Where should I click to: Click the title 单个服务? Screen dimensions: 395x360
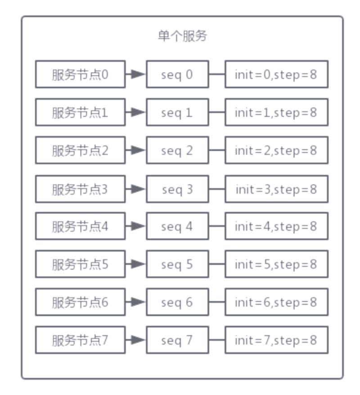[x=182, y=36]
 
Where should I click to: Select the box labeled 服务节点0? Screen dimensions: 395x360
[x=80, y=74]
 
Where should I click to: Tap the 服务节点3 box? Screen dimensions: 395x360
[x=80, y=189]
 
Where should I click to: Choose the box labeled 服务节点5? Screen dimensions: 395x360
[x=80, y=264]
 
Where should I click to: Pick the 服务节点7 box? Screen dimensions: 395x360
[x=80, y=340]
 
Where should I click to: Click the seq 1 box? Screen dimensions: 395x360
[x=177, y=112]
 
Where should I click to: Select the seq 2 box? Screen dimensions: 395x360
[x=177, y=150]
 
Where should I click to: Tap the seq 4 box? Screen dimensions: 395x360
[x=177, y=226]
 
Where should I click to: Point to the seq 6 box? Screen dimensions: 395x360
[x=177, y=302]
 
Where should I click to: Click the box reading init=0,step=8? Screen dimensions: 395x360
[x=276, y=74]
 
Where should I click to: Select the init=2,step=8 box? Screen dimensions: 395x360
[x=276, y=150]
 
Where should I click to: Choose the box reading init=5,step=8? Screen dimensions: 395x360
[x=276, y=264]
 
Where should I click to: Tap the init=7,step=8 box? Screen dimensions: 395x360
[x=276, y=340]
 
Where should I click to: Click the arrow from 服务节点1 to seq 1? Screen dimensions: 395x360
[x=136, y=112]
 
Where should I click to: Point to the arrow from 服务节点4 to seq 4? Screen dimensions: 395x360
[x=136, y=226]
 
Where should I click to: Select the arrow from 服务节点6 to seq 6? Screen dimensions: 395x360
[x=136, y=302]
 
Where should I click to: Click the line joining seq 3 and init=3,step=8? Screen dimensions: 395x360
[x=217, y=189]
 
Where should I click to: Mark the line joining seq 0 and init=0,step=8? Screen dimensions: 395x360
[x=217, y=74]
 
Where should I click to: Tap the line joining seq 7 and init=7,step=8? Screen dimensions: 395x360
[x=217, y=340]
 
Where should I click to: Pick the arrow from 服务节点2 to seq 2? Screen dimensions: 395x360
[x=136, y=150]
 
